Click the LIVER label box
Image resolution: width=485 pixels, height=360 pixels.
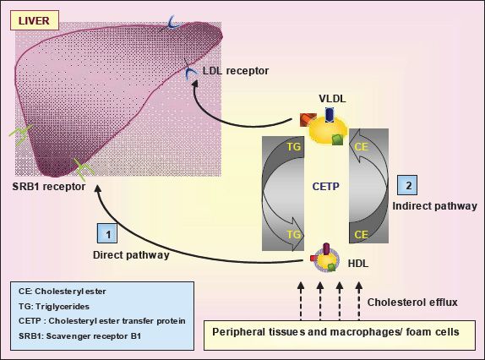(35, 20)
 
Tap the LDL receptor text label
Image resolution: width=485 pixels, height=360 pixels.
(236, 71)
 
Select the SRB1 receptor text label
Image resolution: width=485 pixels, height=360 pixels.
(49, 187)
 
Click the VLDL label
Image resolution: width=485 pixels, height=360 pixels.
(332, 99)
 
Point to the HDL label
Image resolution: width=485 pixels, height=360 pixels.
(358, 264)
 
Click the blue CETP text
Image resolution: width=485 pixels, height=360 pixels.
(325, 186)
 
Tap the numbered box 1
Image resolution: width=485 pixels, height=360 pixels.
(107, 233)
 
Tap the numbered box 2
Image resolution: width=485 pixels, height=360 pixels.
(407, 185)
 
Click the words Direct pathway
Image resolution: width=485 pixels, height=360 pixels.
(131, 255)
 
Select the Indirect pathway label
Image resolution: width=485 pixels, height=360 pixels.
(434, 206)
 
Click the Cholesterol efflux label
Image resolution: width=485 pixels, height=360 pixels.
(412, 303)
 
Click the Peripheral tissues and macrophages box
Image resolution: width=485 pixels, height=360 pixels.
(340, 335)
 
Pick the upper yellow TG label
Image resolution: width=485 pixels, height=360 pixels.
(293, 146)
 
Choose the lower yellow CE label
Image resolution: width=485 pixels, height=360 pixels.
(362, 234)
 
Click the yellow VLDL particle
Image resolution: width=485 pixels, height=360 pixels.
(329, 129)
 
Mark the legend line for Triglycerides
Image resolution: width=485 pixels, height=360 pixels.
(54, 307)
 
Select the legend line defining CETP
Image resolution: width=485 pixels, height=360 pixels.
(102, 321)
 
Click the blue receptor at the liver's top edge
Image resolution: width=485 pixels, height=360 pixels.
(171, 23)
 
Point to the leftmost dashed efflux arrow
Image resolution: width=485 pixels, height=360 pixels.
(301, 301)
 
